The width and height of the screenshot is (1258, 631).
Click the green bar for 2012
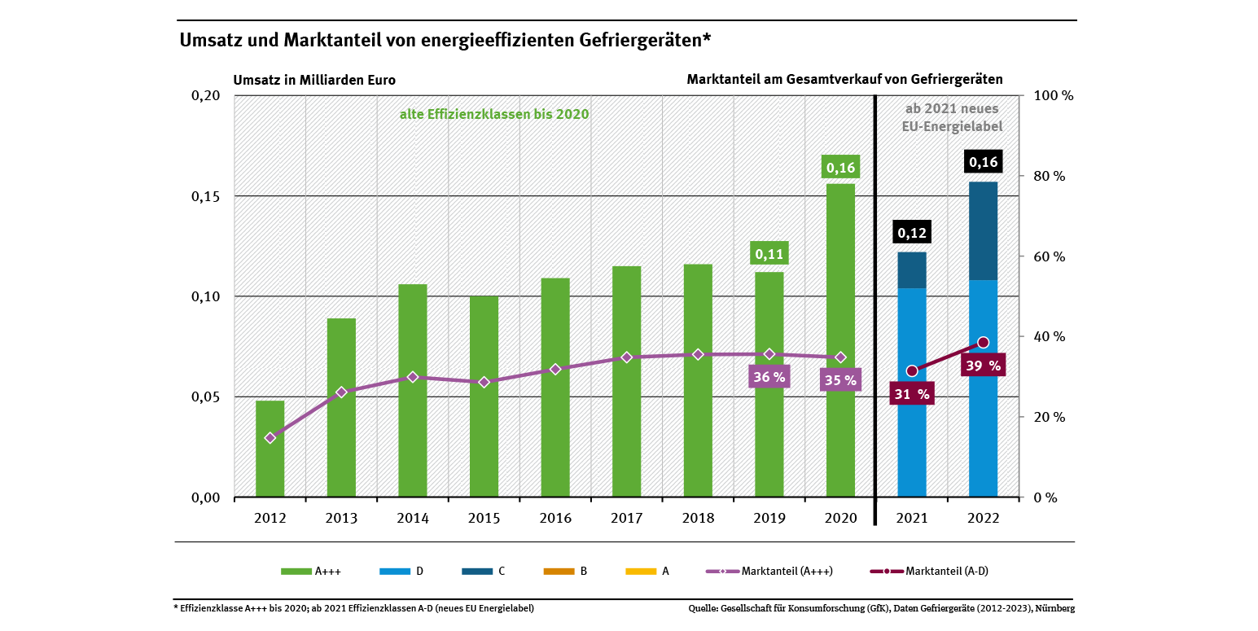[x=270, y=449]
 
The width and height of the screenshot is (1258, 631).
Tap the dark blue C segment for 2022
[x=983, y=231]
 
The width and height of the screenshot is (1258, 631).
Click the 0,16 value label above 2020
[x=840, y=169]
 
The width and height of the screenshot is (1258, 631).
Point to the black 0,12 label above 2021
[x=912, y=234]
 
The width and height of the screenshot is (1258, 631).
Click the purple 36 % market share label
[x=769, y=377]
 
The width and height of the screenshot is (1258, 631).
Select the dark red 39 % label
[x=983, y=366]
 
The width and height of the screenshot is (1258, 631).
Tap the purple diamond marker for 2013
[x=342, y=392]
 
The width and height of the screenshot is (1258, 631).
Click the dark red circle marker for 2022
[x=983, y=343]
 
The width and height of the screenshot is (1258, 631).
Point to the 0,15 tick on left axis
[x=206, y=196]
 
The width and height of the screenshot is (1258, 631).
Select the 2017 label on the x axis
[x=627, y=519]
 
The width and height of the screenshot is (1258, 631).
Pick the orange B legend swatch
[x=558, y=572]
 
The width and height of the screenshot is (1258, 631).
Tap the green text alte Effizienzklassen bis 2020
[x=493, y=115]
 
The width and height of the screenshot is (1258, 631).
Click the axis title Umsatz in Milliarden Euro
[x=314, y=80]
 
